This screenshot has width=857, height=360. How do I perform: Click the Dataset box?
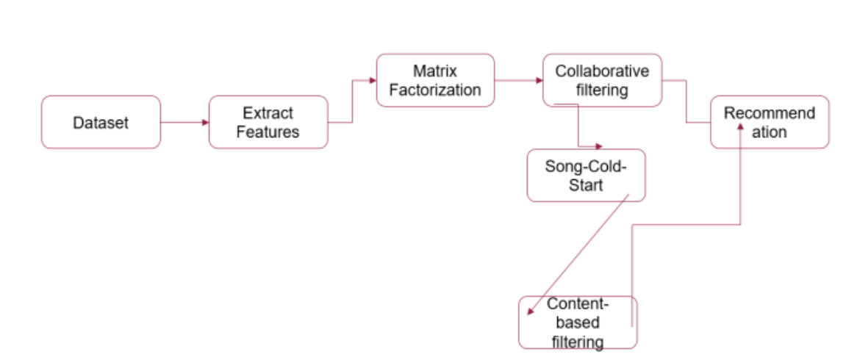click(101, 123)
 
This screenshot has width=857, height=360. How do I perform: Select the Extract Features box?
click(268, 123)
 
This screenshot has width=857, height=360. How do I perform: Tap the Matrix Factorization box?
click(435, 80)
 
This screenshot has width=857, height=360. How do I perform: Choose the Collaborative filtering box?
click(602, 80)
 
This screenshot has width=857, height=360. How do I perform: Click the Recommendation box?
click(770, 122)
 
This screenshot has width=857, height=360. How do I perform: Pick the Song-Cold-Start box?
click(586, 176)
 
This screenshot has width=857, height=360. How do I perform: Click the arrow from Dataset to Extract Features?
click(184, 123)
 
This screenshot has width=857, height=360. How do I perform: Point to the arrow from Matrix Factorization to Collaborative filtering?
click(518, 81)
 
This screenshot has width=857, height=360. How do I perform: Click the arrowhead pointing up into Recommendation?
click(740, 127)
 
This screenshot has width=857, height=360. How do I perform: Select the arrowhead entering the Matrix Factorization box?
click(373, 81)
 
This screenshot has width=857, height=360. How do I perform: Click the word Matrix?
click(434, 71)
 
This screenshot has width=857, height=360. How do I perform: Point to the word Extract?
click(268, 113)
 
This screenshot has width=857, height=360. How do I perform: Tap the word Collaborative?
click(602, 71)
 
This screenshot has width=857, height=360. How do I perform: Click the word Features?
click(268, 132)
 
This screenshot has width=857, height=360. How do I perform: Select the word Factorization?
click(435, 90)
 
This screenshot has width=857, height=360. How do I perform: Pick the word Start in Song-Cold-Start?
click(586, 184)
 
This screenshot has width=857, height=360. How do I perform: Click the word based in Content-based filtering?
click(578, 323)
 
